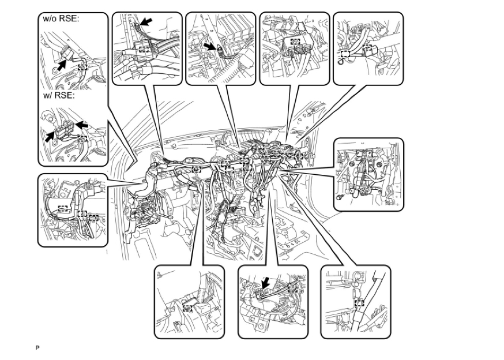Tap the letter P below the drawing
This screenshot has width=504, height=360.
point(37,348)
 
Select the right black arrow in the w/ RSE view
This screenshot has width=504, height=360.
point(82,124)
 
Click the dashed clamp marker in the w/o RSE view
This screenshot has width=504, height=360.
point(82,67)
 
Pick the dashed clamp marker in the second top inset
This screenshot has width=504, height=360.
point(143,49)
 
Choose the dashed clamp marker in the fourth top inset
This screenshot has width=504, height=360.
point(295,42)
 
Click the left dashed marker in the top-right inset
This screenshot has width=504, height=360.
point(345,55)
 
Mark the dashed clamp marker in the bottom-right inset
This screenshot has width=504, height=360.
point(359,303)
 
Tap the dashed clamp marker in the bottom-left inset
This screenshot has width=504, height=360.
point(187,308)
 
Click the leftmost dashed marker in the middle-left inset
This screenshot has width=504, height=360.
point(62,208)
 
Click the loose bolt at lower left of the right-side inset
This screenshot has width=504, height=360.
point(340,197)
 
